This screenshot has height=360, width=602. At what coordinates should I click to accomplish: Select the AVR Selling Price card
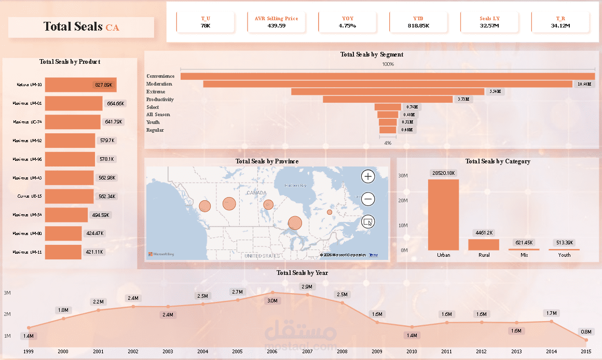(277, 22)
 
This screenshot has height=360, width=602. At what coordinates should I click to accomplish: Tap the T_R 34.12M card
(560, 22)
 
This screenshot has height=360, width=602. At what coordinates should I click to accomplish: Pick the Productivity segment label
(160, 99)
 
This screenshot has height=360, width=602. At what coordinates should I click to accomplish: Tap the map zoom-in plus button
(368, 176)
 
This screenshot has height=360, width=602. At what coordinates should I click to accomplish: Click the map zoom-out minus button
(368, 199)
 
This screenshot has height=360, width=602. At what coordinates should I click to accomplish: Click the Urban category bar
(443, 215)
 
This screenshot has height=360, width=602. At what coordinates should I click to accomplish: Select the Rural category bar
(484, 244)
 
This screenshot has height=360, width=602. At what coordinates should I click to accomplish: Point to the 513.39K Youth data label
(564, 243)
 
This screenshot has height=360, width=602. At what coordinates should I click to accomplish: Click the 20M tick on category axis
(403, 200)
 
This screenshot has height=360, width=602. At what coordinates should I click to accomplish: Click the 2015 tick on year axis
(586, 351)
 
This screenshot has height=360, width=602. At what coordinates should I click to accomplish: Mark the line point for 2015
(586, 340)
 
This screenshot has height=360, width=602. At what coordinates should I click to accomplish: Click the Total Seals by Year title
(302, 273)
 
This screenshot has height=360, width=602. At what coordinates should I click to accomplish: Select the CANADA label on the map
(256, 192)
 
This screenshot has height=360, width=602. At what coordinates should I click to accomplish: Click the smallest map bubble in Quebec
(330, 212)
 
